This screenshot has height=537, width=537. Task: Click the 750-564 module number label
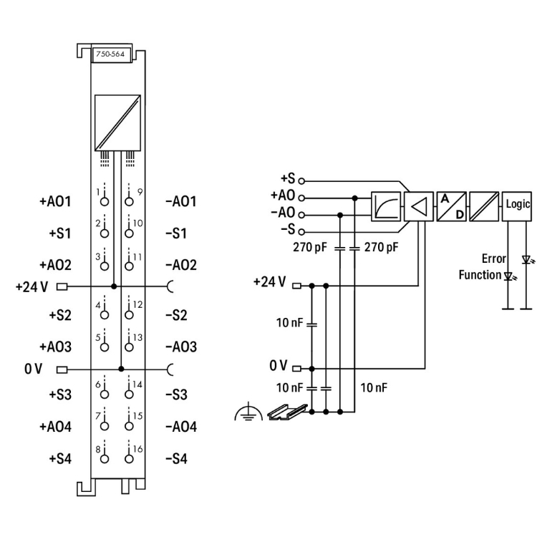tap(110, 54)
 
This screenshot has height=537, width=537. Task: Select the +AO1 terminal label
tap(55, 201)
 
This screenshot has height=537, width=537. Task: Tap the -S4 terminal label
tap(176, 458)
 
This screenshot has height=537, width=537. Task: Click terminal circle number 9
tap(129, 201)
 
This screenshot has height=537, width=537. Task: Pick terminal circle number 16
tap(129, 459)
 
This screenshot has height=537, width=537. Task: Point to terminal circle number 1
tap(105, 201)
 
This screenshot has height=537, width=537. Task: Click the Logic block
tap(517, 206)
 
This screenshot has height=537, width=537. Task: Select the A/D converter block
tap(451, 206)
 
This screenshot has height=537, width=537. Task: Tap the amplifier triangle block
tap(419, 206)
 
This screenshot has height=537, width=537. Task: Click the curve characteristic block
tap(386, 206)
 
